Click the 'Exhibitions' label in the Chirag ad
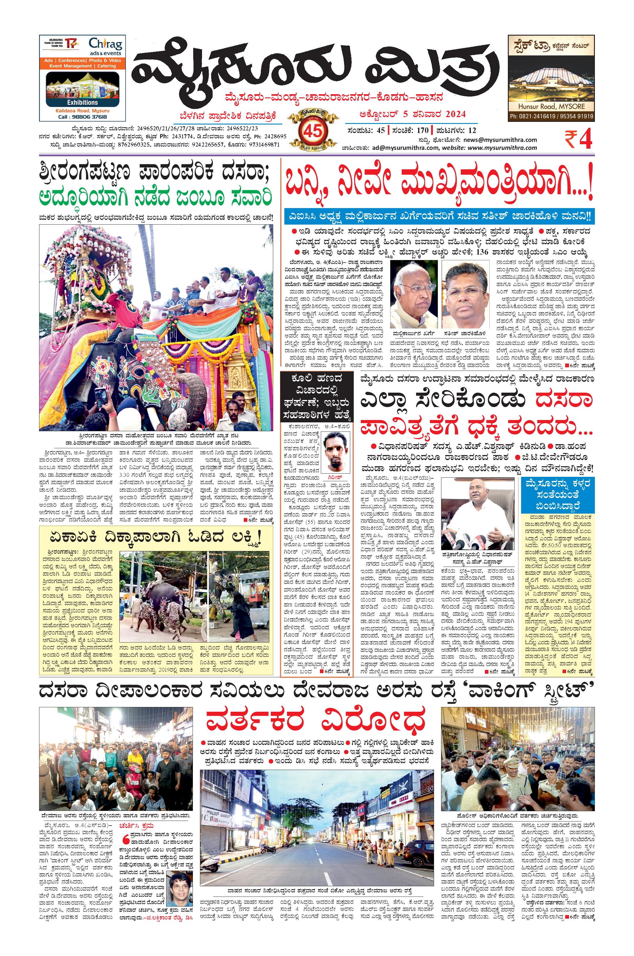tap(82, 102)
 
